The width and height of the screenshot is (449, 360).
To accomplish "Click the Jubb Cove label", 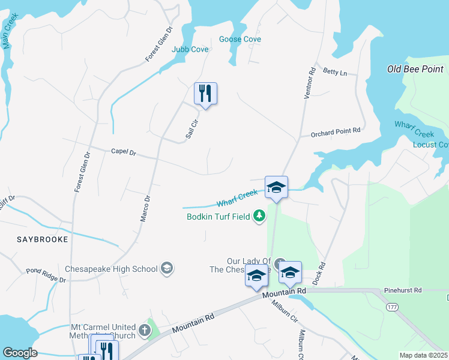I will [x=190, y=49].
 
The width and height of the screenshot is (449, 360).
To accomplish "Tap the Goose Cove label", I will [x=240, y=39].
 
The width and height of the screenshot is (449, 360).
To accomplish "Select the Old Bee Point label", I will [x=415, y=69].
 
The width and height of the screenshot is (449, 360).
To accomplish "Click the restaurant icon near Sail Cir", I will [x=205, y=94].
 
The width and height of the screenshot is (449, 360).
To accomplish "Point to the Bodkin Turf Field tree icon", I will [x=259, y=215].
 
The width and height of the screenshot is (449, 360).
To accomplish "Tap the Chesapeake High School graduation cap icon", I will [x=167, y=269].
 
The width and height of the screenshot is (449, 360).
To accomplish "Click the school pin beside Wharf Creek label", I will [x=277, y=187].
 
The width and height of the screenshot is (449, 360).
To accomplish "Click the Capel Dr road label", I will [x=124, y=152].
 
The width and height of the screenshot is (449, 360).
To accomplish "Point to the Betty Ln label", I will [x=335, y=73].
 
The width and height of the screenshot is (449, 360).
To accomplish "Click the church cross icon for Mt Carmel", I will [x=144, y=329].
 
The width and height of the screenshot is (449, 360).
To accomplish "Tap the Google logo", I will [x=20, y=353].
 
